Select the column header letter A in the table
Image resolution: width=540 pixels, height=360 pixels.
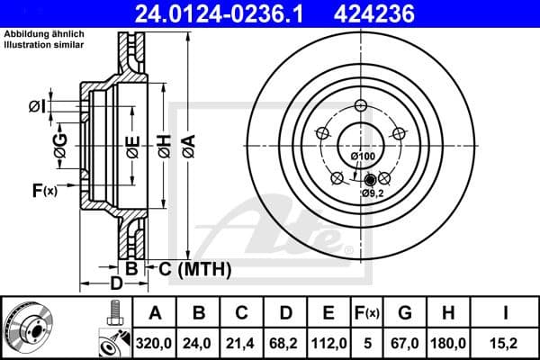155,312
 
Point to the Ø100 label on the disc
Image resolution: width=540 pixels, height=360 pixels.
363,157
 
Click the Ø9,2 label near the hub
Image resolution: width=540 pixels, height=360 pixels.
373,193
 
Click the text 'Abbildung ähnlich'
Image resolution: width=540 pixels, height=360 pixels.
44,33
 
